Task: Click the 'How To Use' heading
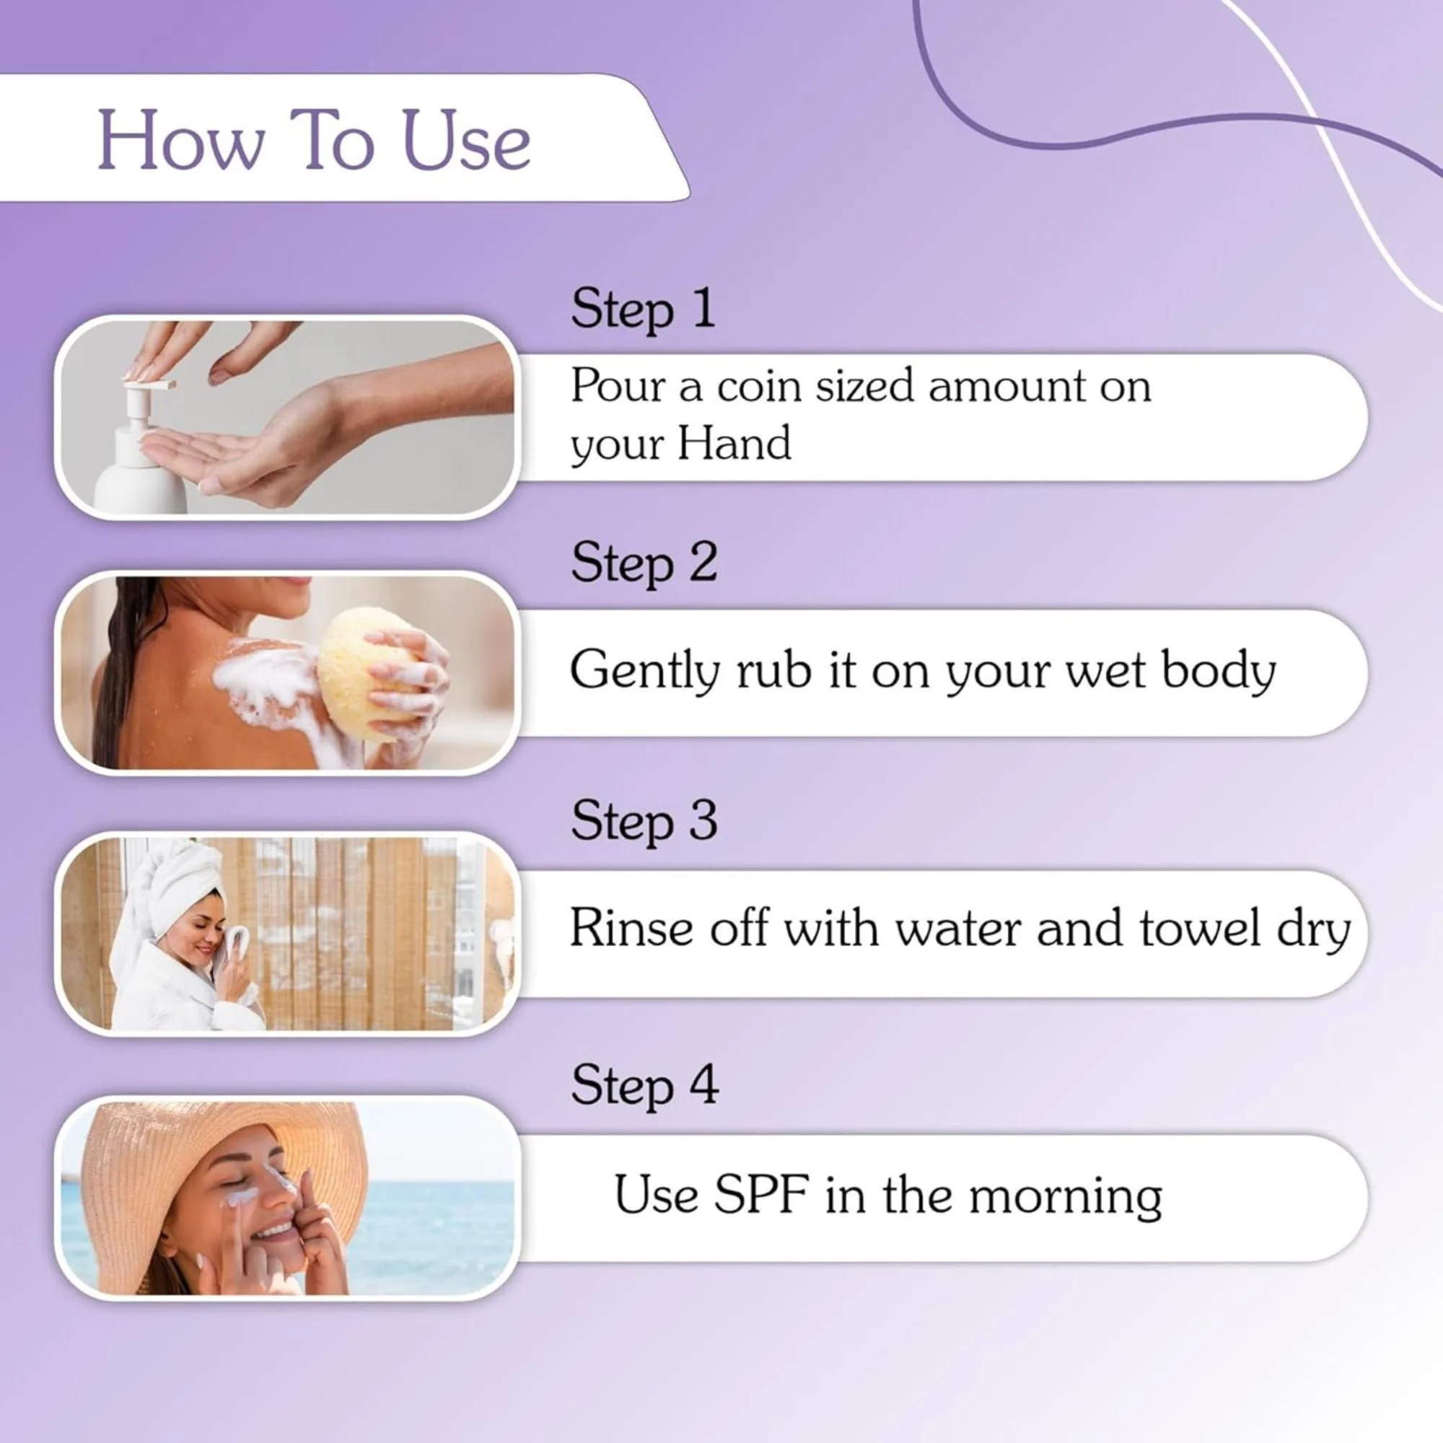point(314,140)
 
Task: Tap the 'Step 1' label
point(642,308)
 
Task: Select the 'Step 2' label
point(644,563)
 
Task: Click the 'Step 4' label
point(644,1086)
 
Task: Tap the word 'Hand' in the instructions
point(734,444)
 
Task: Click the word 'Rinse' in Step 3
point(632,929)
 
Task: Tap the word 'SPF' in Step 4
point(760,1195)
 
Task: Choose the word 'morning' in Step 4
point(1065,1196)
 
